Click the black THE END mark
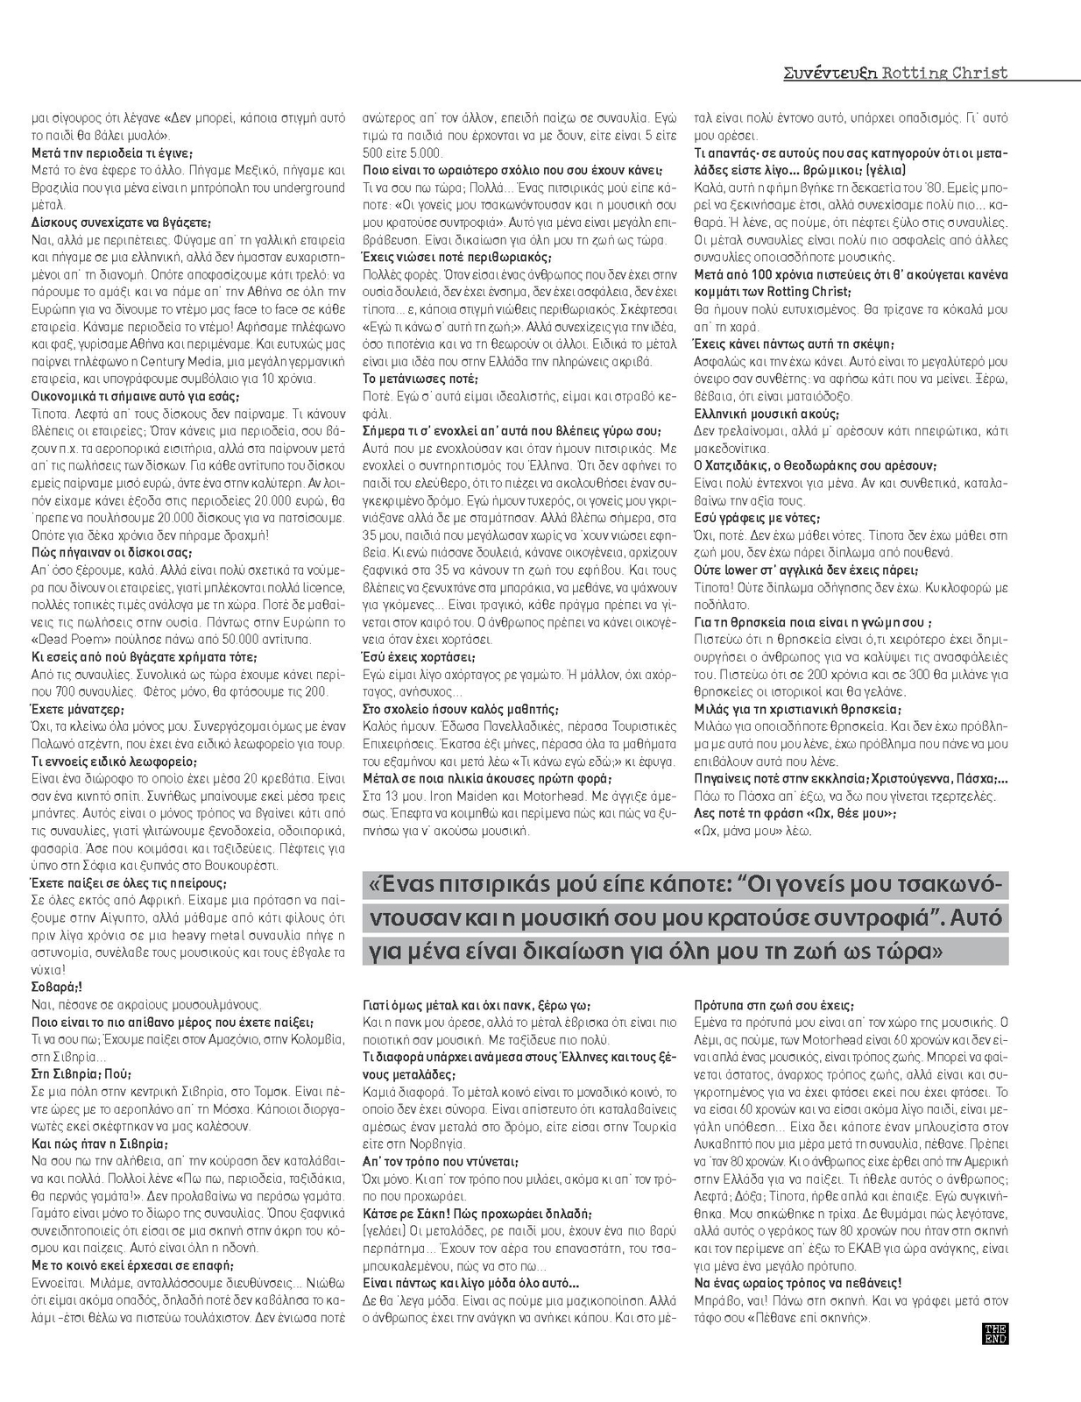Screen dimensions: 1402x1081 (997, 1334)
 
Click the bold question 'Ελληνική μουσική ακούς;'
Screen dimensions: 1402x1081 (767, 413)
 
